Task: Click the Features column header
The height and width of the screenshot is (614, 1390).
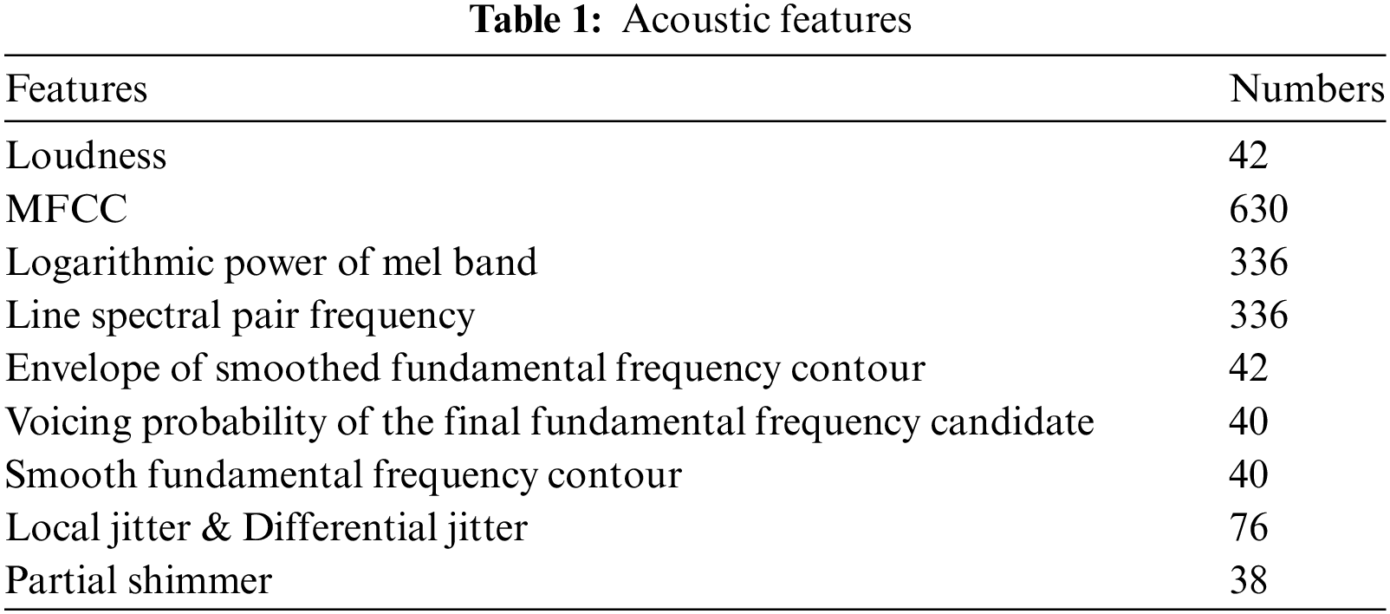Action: pos(76,89)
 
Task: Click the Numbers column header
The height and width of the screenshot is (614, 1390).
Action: pos(1307,89)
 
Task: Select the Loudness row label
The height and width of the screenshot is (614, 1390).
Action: pos(86,156)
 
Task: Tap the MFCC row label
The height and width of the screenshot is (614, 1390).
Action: pos(67,210)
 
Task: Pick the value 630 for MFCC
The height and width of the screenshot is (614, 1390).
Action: pos(1258,210)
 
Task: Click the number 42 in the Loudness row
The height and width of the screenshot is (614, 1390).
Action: pos(1249,156)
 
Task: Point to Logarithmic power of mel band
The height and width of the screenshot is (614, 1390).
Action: pos(271,263)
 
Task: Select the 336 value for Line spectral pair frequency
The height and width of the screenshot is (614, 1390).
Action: pos(1258,316)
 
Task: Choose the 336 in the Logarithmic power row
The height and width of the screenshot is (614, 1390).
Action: pos(1258,263)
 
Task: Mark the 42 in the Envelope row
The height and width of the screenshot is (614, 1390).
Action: pos(1249,369)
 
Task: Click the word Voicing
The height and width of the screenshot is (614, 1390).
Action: pos(67,422)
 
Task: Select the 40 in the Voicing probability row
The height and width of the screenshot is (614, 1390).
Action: pos(1249,422)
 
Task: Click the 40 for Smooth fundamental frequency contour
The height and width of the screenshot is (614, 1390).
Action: pos(1249,475)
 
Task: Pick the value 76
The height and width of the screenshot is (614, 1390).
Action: pos(1249,528)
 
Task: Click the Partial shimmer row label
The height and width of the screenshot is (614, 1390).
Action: pos(139,581)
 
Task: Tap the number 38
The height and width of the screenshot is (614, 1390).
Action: pos(1249,581)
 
